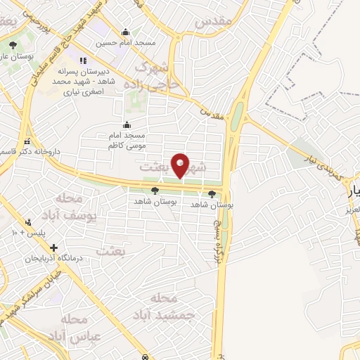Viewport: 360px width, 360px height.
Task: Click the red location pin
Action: coord(181,165)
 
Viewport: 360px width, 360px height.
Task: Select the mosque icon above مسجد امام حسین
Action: coord(126,32)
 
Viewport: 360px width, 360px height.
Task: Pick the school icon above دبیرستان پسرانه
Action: coord(82,60)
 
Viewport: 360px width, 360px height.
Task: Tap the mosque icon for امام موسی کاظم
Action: coord(127,124)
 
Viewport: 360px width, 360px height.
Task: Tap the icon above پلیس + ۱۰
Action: coord(28,221)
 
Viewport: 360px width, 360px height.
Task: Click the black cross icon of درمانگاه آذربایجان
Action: coord(53,247)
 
